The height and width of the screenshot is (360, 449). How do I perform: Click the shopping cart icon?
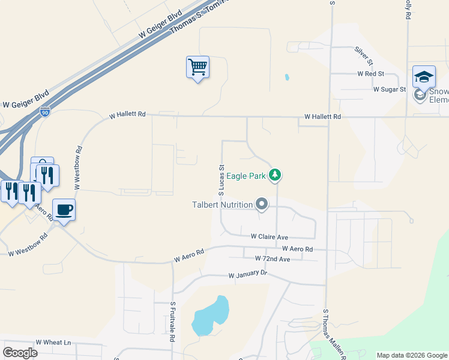197,67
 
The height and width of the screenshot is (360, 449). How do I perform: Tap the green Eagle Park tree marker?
275,175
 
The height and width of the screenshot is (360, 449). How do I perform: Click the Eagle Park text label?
246,175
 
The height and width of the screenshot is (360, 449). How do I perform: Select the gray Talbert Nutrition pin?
261,205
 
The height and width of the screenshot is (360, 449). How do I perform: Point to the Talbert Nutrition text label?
222,205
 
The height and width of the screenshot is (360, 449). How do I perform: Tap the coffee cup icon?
64,209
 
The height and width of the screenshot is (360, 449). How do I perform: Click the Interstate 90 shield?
45,112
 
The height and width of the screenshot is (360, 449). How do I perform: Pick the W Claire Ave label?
270,237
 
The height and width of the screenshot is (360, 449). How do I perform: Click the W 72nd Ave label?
272,259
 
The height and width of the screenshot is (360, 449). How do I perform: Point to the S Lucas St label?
221,180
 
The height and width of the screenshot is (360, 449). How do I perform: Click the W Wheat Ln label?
53,343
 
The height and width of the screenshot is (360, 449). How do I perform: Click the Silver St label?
364,55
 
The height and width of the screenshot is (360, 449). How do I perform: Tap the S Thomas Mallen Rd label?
334,335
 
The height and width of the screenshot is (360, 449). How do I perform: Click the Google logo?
20,352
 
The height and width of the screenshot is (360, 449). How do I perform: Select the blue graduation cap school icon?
424,76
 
